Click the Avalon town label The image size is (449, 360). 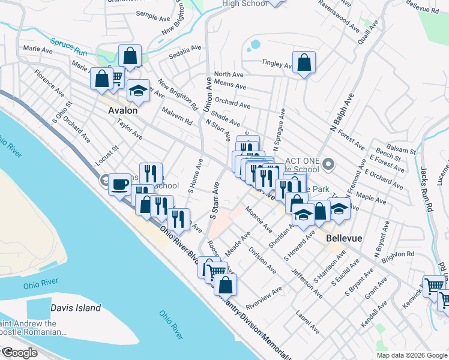tap(122, 110)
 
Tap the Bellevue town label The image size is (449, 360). tap(344, 238)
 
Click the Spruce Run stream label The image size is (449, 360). tap(68, 47)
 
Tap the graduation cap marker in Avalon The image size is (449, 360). tap(139, 91)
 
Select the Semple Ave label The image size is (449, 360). tap(153, 16)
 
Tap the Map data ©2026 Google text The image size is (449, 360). tap(412, 355)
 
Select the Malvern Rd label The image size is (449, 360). tap(176, 116)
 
